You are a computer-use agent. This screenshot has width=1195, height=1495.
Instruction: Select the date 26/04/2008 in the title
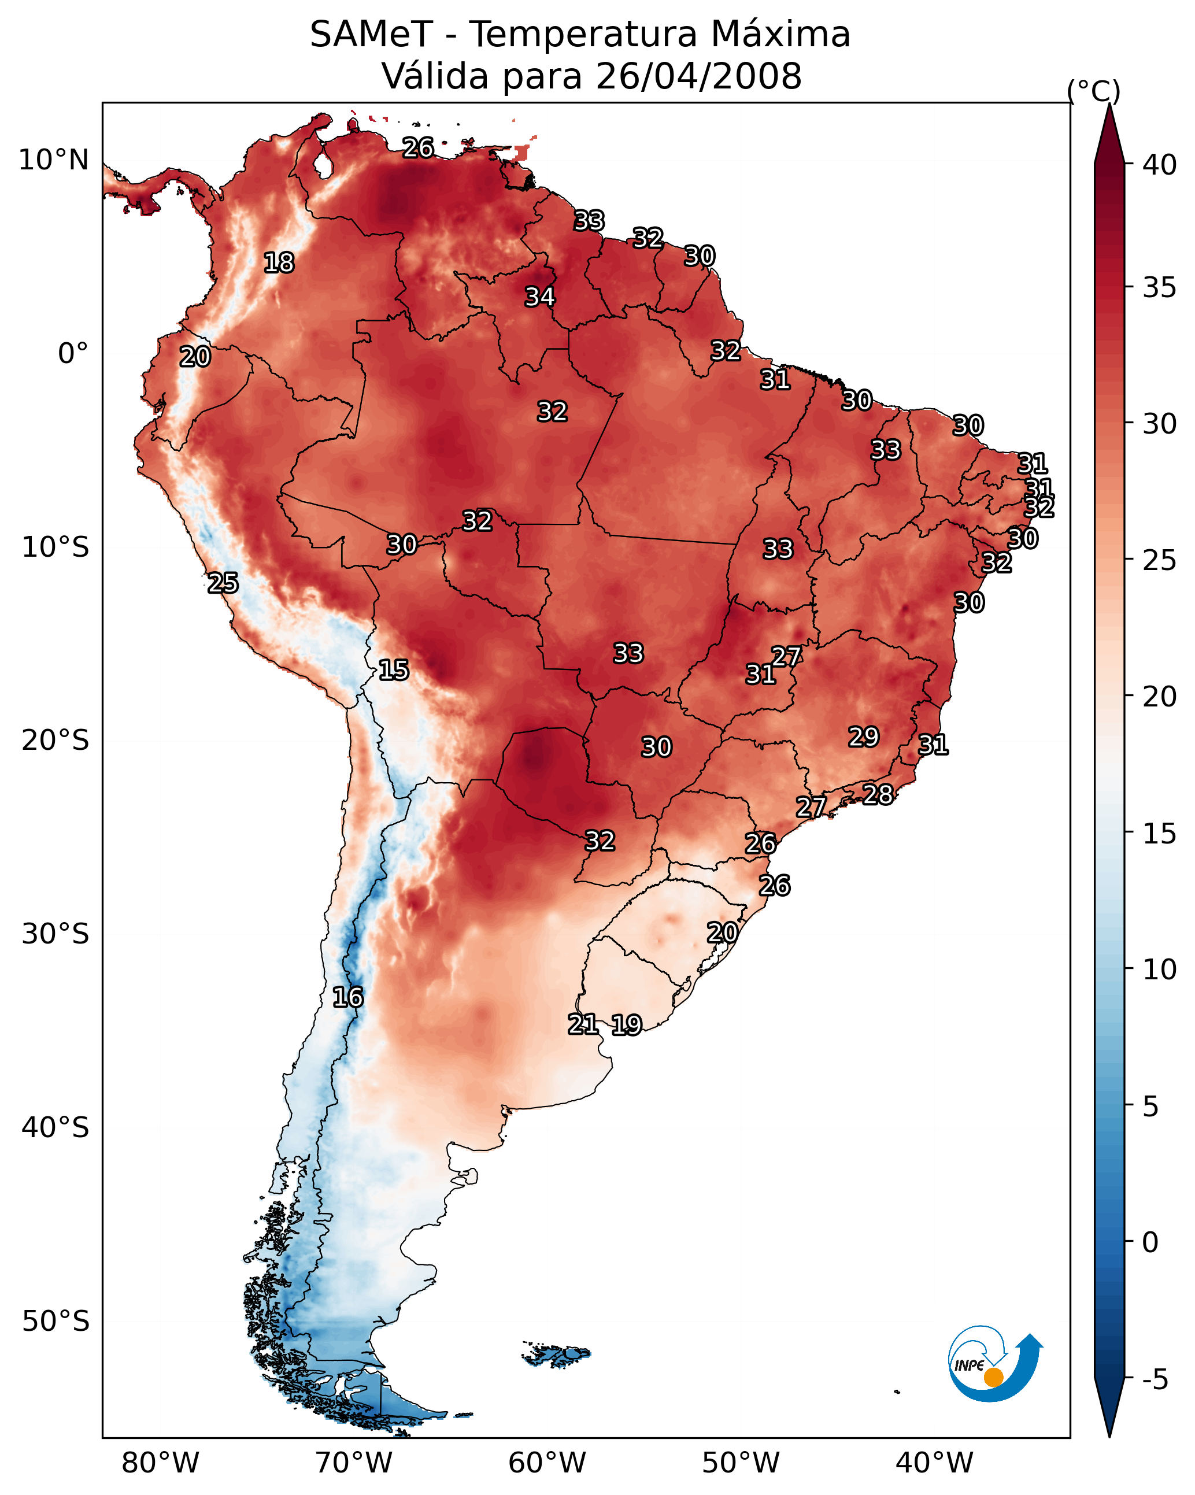click(x=698, y=76)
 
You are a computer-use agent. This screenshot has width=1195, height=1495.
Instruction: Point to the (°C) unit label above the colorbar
click(x=1093, y=91)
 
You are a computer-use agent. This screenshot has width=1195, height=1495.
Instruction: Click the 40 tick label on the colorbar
click(x=1160, y=165)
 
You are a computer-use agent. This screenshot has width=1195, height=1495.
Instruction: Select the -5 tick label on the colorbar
click(x=1155, y=1380)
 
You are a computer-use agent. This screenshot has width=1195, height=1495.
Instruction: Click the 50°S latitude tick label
click(x=56, y=1322)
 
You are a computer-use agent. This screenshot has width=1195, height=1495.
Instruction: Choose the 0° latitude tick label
click(x=73, y=354)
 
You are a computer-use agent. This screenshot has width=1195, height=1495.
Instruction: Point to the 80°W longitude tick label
click(x=160, y=1463)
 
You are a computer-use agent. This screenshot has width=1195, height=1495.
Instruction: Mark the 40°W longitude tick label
click(x=934, y=1463)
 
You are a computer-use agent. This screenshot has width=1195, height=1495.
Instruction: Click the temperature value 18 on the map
click(x=279, y=263)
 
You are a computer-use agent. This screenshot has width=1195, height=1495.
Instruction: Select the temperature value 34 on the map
click(x=539, y=297)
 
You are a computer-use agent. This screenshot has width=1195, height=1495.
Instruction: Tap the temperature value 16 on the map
click(x=347, y=997)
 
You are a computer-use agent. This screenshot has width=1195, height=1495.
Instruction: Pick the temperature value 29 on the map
click(x=864, y=737)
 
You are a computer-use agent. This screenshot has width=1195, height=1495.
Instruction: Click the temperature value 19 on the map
click(x=626, y=1025)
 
